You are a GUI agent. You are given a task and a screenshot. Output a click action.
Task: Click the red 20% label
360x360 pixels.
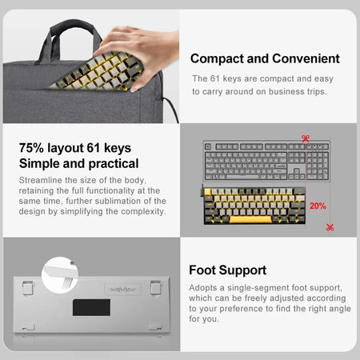318,206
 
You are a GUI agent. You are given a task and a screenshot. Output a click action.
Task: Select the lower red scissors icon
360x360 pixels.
330,228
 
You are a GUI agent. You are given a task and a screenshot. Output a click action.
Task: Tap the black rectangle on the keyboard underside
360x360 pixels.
91,307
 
